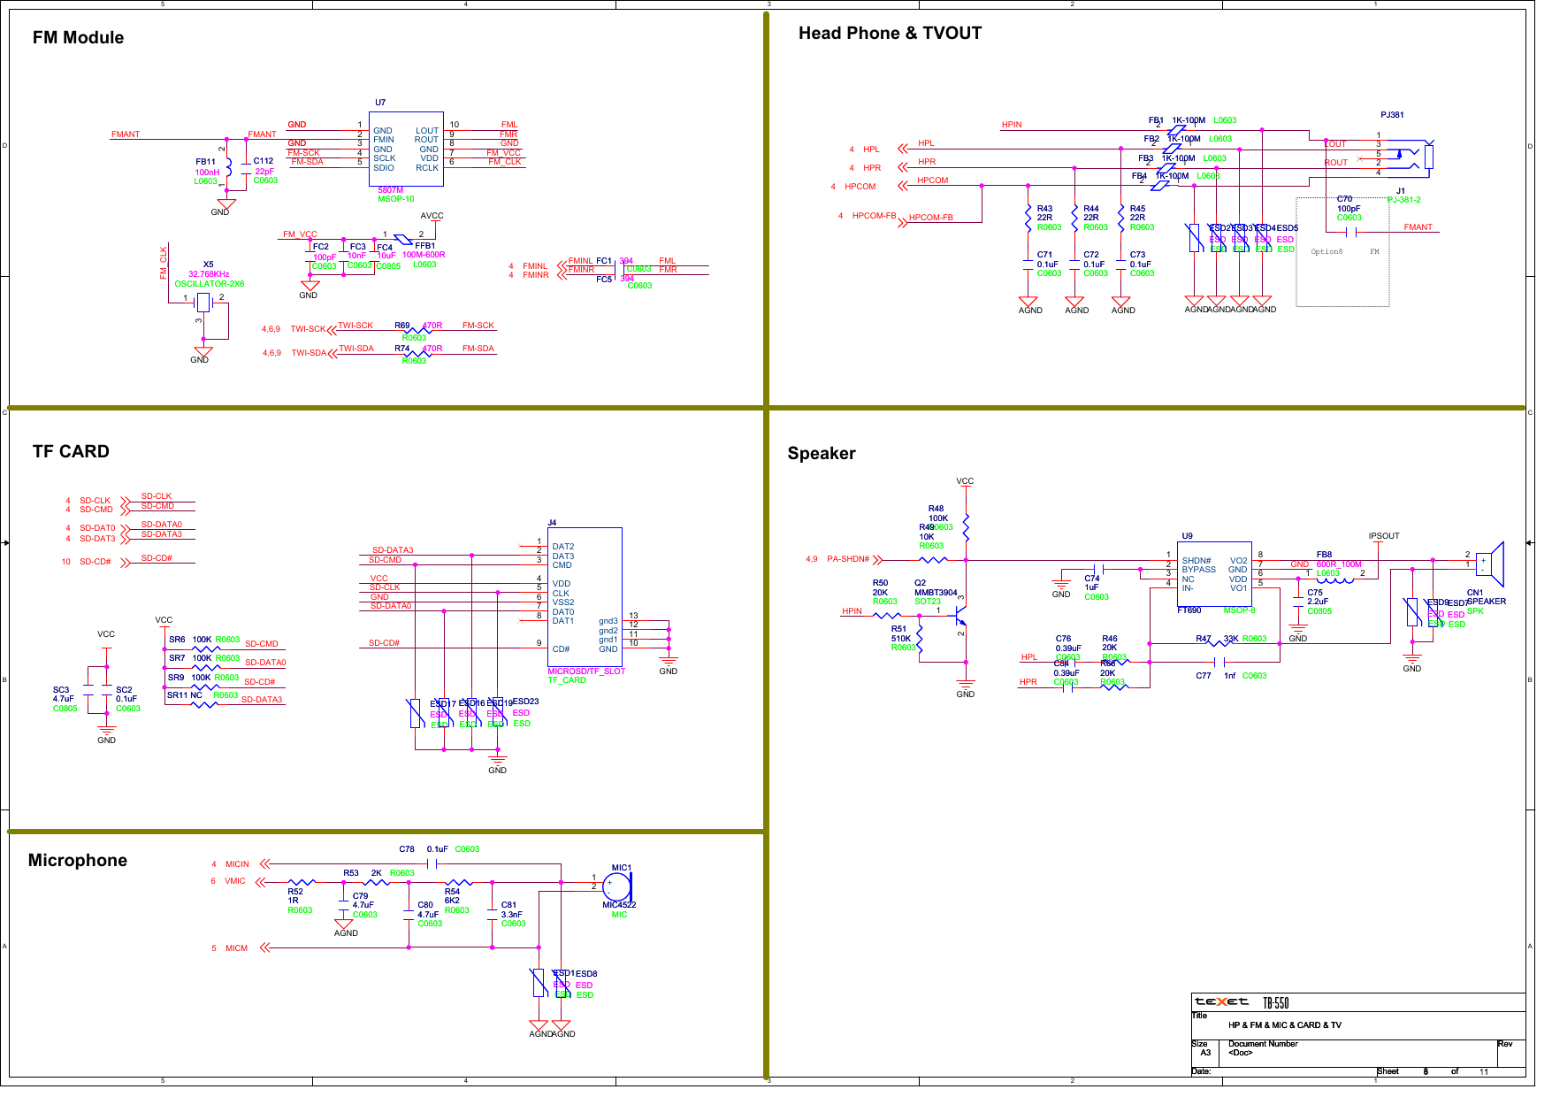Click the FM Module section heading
78,37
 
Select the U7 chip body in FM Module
406,148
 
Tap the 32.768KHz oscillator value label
209,274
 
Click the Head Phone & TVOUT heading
890,34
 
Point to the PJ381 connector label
1392,115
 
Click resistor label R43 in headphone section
1044,209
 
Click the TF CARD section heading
71,451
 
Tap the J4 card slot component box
585,597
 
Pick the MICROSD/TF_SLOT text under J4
586,671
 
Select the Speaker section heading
822,453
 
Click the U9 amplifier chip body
1214,573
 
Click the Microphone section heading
78,861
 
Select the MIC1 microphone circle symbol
615,886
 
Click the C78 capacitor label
407,849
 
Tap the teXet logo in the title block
1221,1002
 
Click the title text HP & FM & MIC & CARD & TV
1284,1025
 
